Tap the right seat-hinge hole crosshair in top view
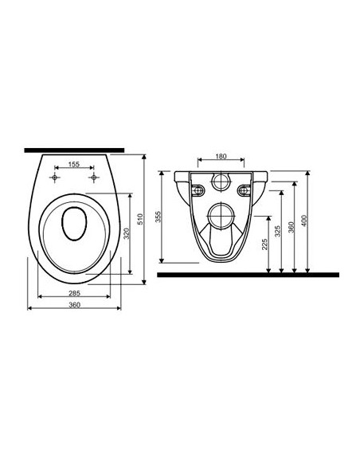[93, 177]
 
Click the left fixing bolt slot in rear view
[196, 187]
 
